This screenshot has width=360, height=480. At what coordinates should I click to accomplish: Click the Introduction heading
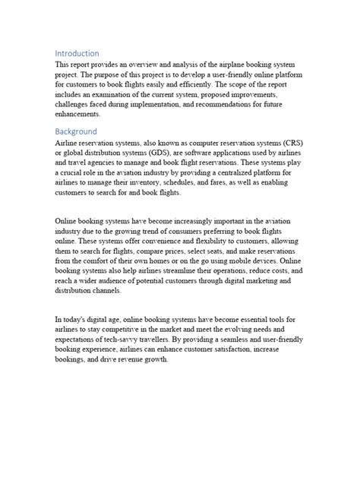(77, 54)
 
